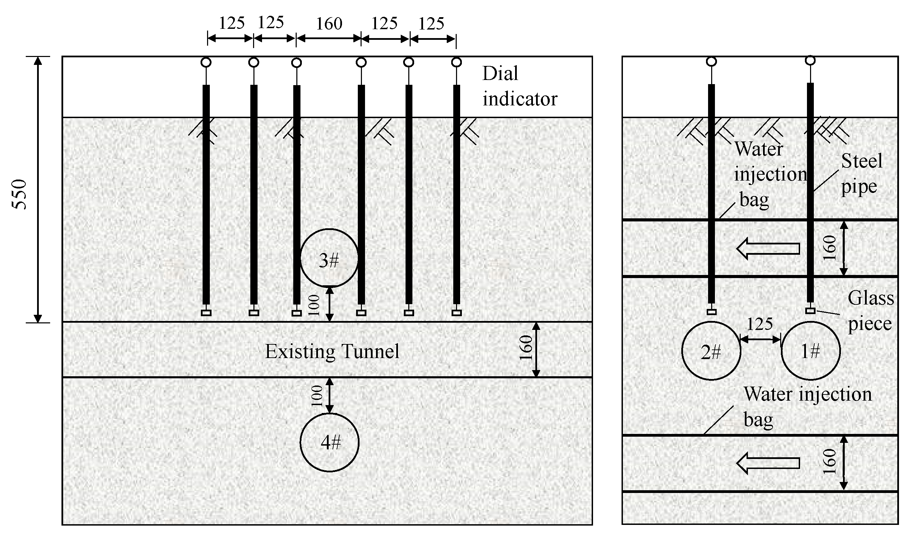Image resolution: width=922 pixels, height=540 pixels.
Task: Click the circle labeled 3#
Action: pyautogui.click(x=329, y=258)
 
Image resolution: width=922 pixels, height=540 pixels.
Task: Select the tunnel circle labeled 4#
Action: pyautogui.click(x=329, y=442)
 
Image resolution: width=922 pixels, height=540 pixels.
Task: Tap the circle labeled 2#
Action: pyautogui.click(x=711, y=351)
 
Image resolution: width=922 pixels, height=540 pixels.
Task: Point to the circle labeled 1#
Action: pyautogui.click(x=810, y=351)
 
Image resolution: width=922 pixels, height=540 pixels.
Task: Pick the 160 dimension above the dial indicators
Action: pyautogui.click(x=329, y=24)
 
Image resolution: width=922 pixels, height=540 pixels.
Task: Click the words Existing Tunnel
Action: pyautogui.click(x=332, y=351)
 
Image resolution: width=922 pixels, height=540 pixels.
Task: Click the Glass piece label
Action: pyautogui.click(x=870, y=311)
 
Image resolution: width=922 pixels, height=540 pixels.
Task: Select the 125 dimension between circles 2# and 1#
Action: pyautogui.click(x=760, y=324)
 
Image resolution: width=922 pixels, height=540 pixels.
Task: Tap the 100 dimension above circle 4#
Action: pyautogui.click(x=317, y=396)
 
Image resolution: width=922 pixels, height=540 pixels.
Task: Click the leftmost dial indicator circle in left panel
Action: pyautogui.click(x=206, y=62)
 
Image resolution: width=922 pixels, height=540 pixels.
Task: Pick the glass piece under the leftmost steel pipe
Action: pyautogui.click(x=206, y=313)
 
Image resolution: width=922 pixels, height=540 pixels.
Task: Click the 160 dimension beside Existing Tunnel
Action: pyautogui.click(x=526, y=347)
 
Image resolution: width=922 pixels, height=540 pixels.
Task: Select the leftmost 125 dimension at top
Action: pyautogui.click(x=231, y=23)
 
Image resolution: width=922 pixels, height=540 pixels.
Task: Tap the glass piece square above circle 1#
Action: pyautogui.click(x=810, y=311)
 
